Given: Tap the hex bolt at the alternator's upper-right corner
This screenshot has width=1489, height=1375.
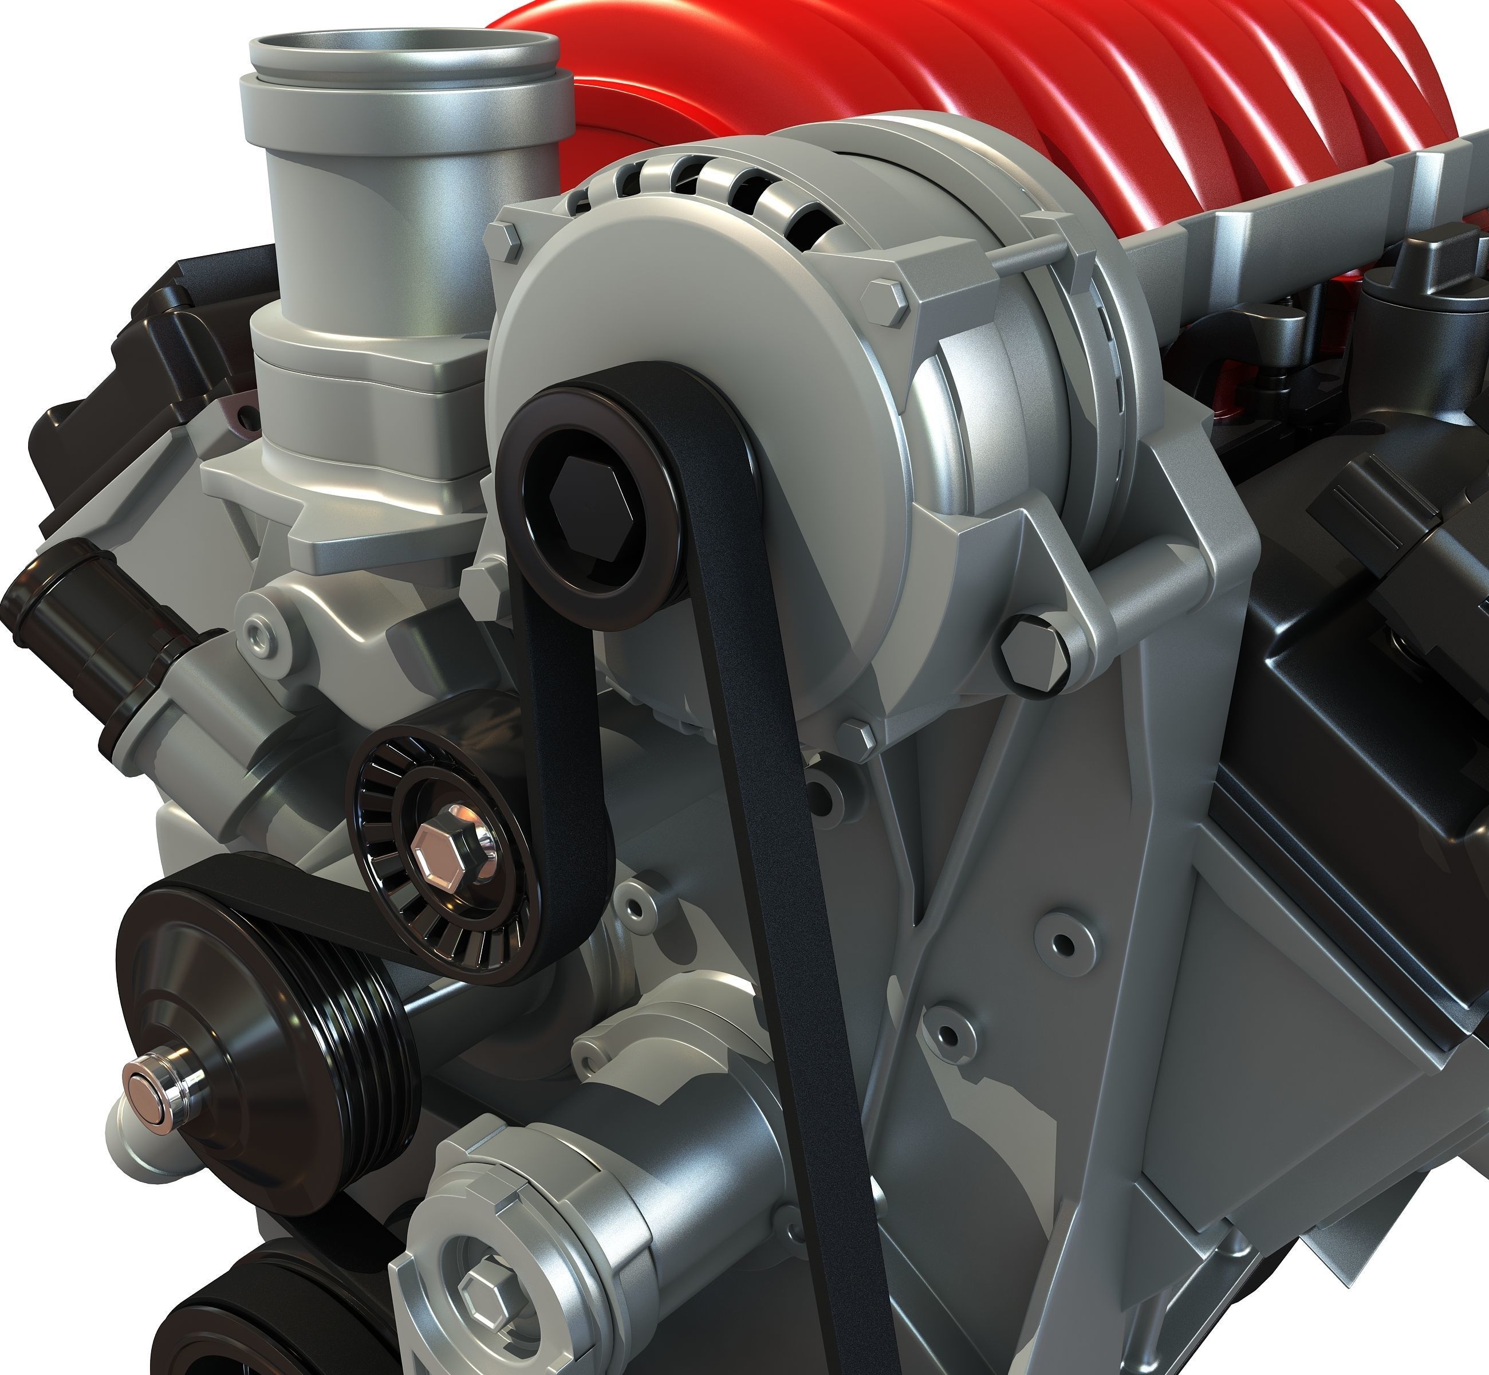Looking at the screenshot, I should coord(885,301).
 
